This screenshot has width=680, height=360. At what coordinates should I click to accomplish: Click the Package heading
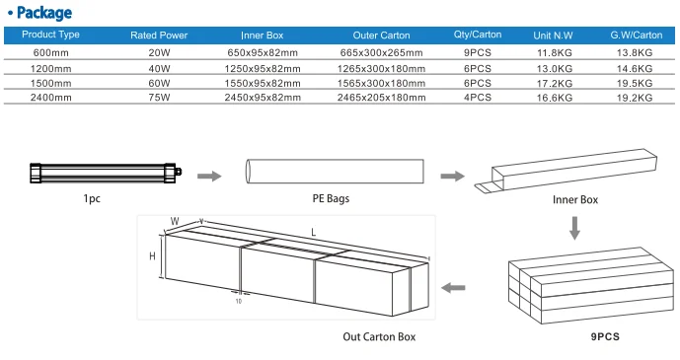click(x=44, y=13)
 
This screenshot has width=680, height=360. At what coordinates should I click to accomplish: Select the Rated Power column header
click(x=159, y=36)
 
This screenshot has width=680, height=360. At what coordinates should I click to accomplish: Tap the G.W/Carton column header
click(x=637, y=36)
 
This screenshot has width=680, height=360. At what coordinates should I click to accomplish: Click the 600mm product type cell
click(x=50, y=53)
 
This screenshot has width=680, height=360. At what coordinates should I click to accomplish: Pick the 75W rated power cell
click(x=159, y=98)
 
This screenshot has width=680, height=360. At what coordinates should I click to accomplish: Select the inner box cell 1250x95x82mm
click(x=263, y=68)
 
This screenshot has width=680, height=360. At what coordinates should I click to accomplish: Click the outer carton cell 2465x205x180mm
click(x=382, y=98)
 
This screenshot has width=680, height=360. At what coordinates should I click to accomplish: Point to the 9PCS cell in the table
click(x=478, y=53)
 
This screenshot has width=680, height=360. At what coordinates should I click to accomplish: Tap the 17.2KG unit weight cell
click(x=555, y=83)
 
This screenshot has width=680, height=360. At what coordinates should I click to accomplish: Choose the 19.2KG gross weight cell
click(x=635, y=98)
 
